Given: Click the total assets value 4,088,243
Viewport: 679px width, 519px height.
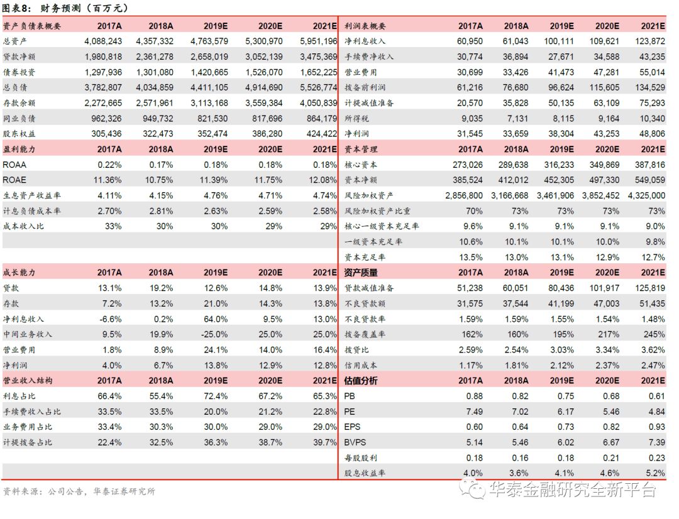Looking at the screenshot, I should click(102, 41).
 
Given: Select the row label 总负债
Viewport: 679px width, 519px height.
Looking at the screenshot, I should click(16, 87).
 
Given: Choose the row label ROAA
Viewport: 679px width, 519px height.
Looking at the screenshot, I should click(15, 164).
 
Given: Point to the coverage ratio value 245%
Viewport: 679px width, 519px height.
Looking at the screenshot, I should click(654, 334).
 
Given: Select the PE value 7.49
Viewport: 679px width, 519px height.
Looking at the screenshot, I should click(471, 411).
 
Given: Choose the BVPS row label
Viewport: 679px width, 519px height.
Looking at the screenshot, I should click(356, 442).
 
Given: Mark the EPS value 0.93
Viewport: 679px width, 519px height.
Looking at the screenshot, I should click(654, 427).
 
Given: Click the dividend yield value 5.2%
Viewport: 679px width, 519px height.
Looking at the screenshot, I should click(654, 473).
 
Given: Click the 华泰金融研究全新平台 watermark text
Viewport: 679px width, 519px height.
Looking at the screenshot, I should click(572, 489).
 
